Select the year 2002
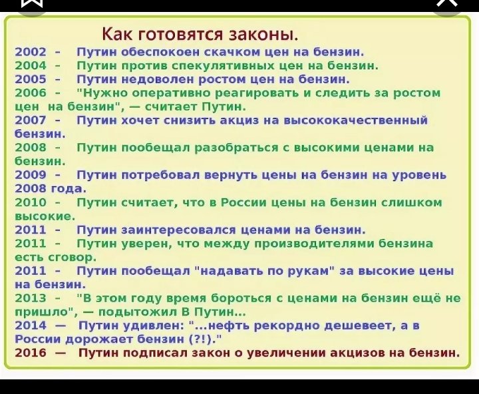pos(31,52)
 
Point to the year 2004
pos(31,65)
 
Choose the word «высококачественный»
pos(355,120)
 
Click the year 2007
pos(31,120)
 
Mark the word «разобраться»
pos(237,148)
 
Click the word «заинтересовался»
pos(179,230)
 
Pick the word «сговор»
pos(73,258)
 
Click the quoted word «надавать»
pos(232,271)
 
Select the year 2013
pos(31,298)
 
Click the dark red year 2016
pos(31,353)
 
